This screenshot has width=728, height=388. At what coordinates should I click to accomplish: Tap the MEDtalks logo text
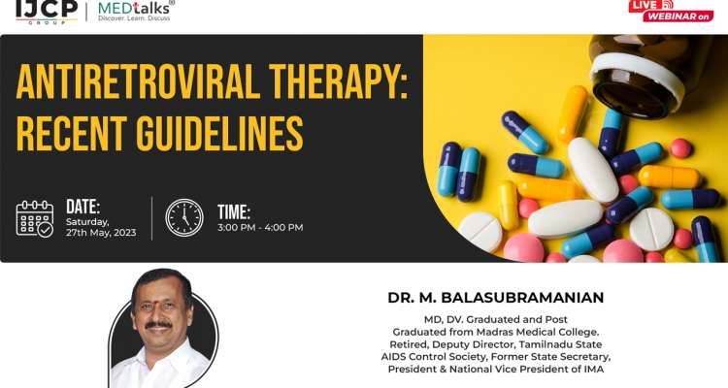[x=135, y=8]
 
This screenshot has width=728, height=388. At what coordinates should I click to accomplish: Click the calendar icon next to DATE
[x=36, y=218]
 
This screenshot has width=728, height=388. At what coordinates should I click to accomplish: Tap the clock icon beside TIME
[x=184, y=218]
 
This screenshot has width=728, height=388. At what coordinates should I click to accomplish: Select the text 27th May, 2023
[x=101, y=233]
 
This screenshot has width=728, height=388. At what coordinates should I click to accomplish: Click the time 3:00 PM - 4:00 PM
[x=260, y=228]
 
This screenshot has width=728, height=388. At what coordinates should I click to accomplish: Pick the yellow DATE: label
[x=83, y=206]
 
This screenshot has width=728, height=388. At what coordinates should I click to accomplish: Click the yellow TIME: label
[x=234, y=210]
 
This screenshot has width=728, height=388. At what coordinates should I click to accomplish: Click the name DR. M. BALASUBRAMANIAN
[x=496, y=297]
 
